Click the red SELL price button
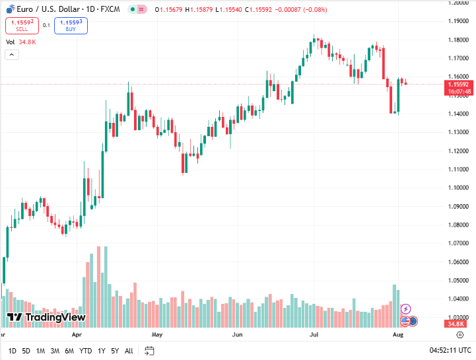[22, 26]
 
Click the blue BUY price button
[71, 26]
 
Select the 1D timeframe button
[13, 351]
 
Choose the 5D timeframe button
[26, 351]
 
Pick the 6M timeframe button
[69, 351]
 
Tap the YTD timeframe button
[85, 351]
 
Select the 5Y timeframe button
[115, 351]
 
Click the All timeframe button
[129, 351]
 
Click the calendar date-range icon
[149, 351]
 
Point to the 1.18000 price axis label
[457, 40]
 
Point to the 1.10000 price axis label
[457, 188]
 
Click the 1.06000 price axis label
[457, 262]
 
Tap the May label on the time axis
[156, 335]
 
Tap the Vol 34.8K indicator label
[20, 42]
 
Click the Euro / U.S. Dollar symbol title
[46, 9]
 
